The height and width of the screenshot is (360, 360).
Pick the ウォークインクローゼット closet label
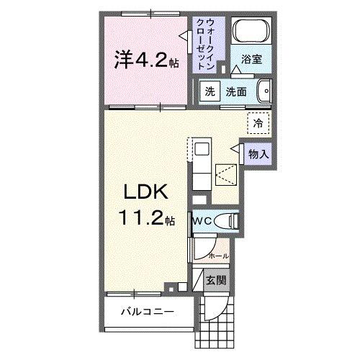coord(210,43)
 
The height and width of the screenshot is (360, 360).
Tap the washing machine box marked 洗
coord(210,91)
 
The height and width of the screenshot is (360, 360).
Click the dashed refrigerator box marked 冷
coord(257,122)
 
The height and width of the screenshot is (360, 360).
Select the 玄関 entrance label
coord(217,281)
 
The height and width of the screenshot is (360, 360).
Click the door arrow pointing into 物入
coord(235,148)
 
